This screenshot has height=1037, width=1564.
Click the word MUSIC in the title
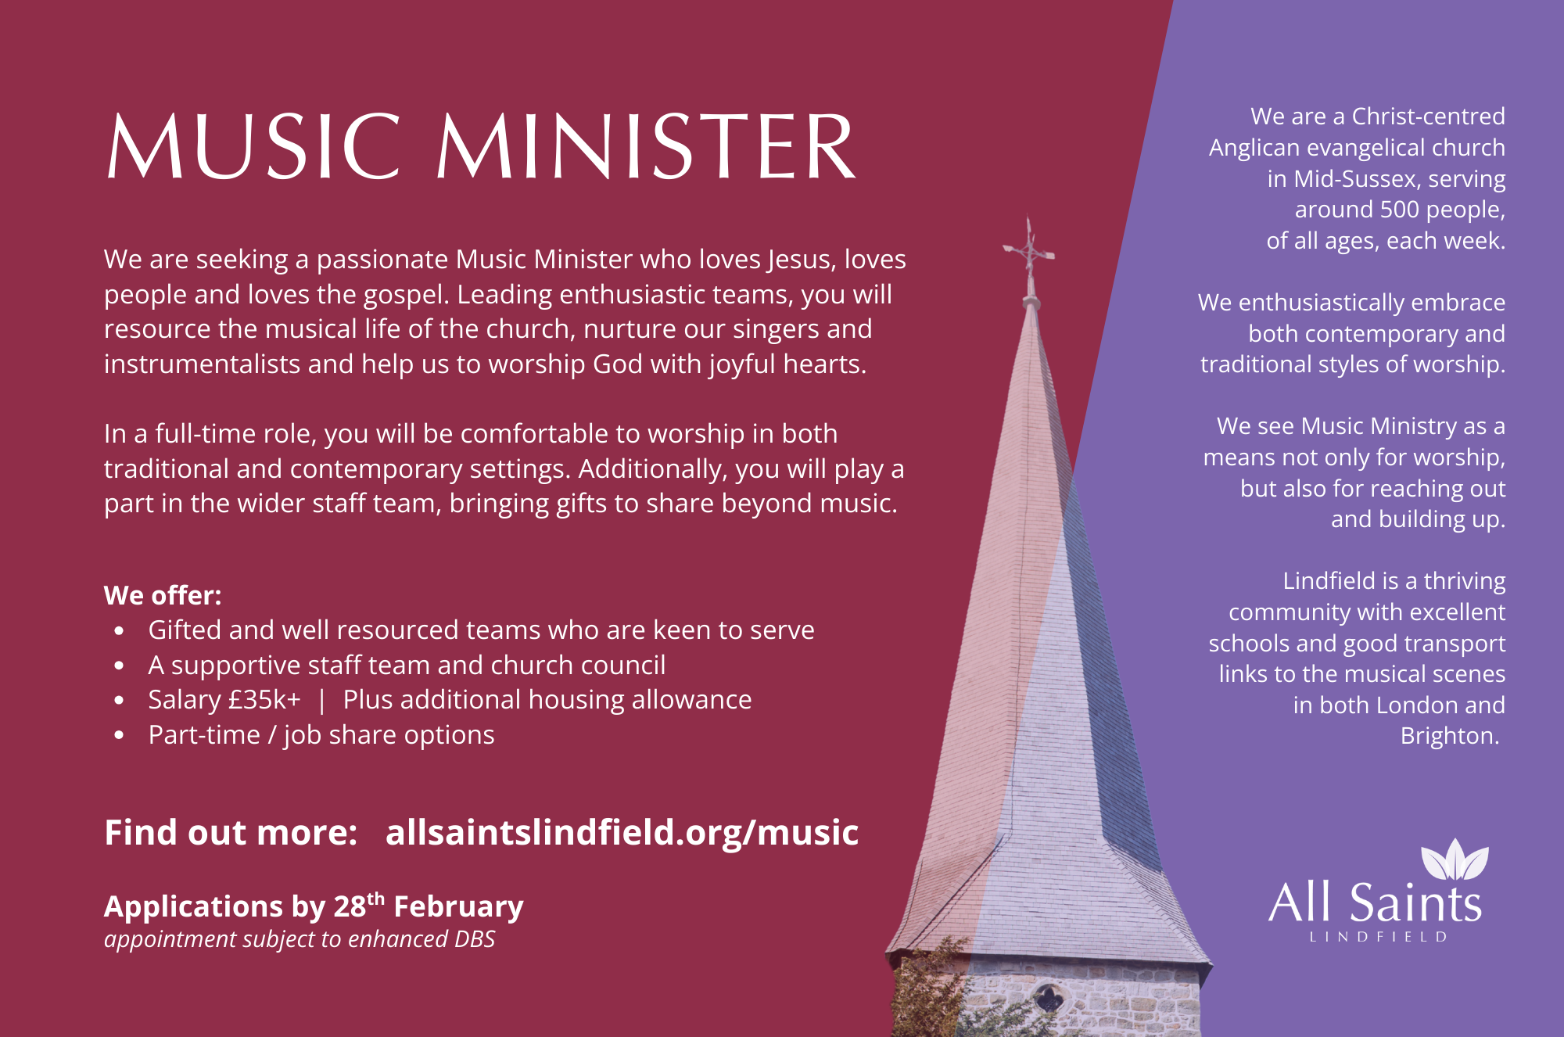pyautogui.click(x=253, y=146)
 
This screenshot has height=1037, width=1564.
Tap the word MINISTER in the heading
pyautogui.click(x=646, y=146)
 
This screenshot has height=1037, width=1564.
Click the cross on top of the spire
pyautogui.click(x=1029, y=249)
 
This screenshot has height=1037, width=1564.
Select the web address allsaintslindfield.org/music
pyautogui.click(x=622, y=832)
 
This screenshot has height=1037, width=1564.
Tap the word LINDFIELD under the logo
pyautogui.click(x=1379, y=937)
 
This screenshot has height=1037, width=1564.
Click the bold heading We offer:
pyautogui.click(x=163, y=596)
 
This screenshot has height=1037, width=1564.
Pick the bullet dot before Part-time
pyautogui.click(x=119, y=735)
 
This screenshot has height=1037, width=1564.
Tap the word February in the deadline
pyautogui.click(x=458, y=906)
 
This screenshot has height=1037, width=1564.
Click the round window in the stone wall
pyautogui.click(x=1049, y=998)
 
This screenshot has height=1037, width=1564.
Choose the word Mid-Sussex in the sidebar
pyautogui.click(x=1355, y=179)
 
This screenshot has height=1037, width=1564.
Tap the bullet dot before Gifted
pyautogui.click(x=119, y=630)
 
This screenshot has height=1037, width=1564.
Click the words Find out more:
pyautogui.click(x=231, y=832)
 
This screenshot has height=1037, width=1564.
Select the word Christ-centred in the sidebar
pyautogui.click(x=1429, y=117)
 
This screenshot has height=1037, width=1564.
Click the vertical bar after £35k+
pyautogui.click(x=321, y=700)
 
